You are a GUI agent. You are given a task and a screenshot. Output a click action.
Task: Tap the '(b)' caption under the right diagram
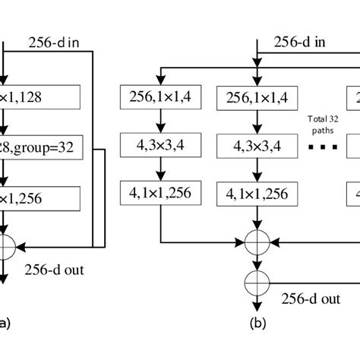(x=259, y=323)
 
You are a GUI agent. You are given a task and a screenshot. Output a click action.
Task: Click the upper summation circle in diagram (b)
(x=259, y=244)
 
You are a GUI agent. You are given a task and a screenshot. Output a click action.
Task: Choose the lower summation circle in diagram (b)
(x=259, y=283)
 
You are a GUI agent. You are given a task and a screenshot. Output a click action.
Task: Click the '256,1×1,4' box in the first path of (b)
(x=159, y=97)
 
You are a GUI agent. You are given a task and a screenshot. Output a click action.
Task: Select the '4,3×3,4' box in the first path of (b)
(x=159, y=148)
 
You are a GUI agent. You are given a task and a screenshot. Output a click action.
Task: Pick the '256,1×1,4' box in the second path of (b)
(x=259, y=97)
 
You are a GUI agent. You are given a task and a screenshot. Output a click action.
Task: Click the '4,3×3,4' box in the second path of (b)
(x=259, y=148)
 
